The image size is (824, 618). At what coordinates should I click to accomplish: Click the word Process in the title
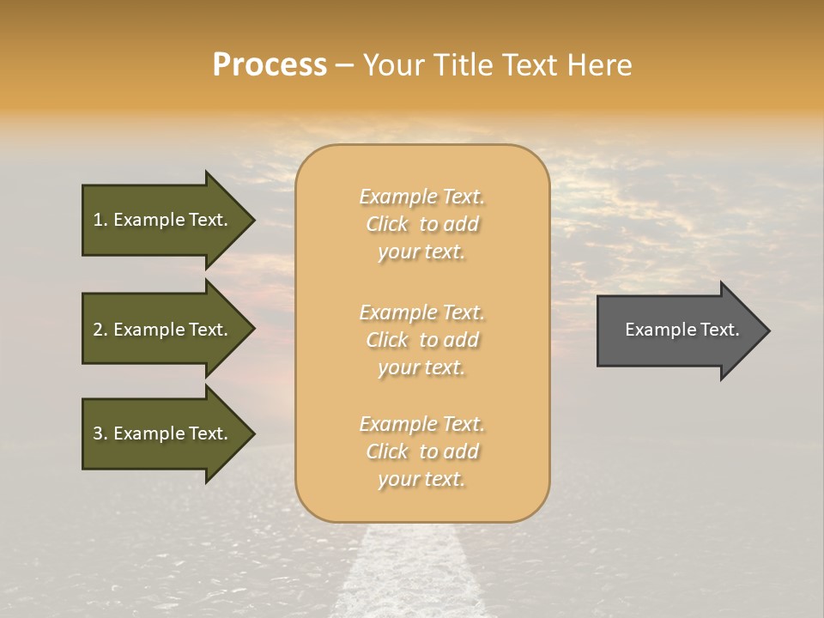[x=270, y=65]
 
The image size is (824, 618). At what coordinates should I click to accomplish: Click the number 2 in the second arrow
[x=98, y=330]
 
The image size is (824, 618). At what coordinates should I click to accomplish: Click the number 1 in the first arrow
[x=98, y=220]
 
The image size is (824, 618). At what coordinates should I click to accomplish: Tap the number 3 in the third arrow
[x=98, y=433]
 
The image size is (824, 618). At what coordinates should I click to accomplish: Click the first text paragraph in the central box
[x=421, y=224]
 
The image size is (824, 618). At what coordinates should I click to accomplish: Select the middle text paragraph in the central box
[x=421, y=340]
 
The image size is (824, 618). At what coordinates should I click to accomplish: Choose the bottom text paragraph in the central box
[x=421, y=451]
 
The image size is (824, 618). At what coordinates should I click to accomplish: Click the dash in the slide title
[x=344, y=66]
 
